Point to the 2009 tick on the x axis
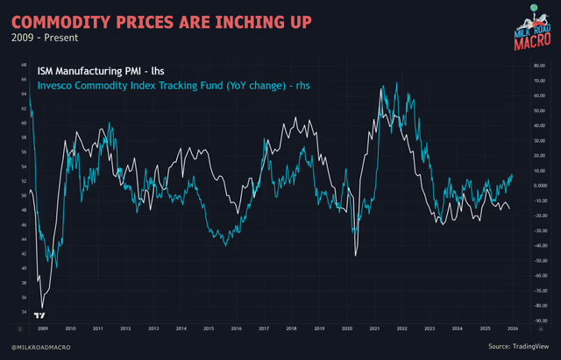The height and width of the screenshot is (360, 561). (x=42, y=328)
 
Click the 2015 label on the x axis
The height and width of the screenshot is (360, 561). (x=209, y=328)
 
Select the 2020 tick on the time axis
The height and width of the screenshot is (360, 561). (x=347, y=328)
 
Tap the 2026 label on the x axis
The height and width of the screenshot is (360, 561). (x=513, y=328)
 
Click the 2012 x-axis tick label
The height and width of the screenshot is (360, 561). (x=125, y=328)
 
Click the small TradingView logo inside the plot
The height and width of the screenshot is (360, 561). (x=39, y=314)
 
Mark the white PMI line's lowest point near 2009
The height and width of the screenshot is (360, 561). (x=40, y=307)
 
